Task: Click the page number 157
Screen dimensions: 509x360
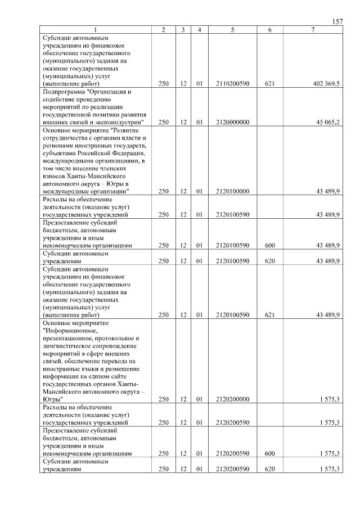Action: coord(337,21)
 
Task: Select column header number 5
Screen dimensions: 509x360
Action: coord(232,29)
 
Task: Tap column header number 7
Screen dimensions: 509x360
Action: coord(313,29)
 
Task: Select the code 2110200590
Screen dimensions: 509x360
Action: coord(232,84)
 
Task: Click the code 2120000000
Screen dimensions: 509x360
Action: coord(232,121)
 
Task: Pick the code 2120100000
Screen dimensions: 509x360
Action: coord(232,191)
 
